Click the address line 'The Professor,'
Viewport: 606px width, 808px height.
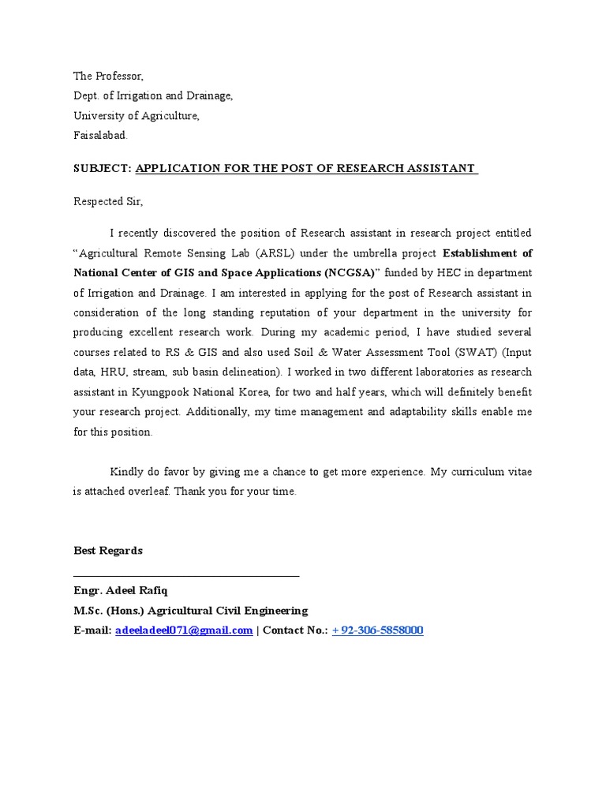click(x=109, y=77)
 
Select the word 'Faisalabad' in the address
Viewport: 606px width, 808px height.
click(x=99, y=135)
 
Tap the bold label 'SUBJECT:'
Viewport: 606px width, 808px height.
click(x=103, y=168)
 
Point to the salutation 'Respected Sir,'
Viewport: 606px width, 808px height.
click(x=108, y=201)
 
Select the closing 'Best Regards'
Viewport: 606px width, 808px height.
click(x=108, y=551)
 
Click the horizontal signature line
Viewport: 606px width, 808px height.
click(x=186, y=576)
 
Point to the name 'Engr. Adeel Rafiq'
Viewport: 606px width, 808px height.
click(x=121, y=591)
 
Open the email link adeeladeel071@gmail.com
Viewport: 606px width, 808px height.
click(x=184, y=630)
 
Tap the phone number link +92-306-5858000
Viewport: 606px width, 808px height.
click(x=377, y=630)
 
